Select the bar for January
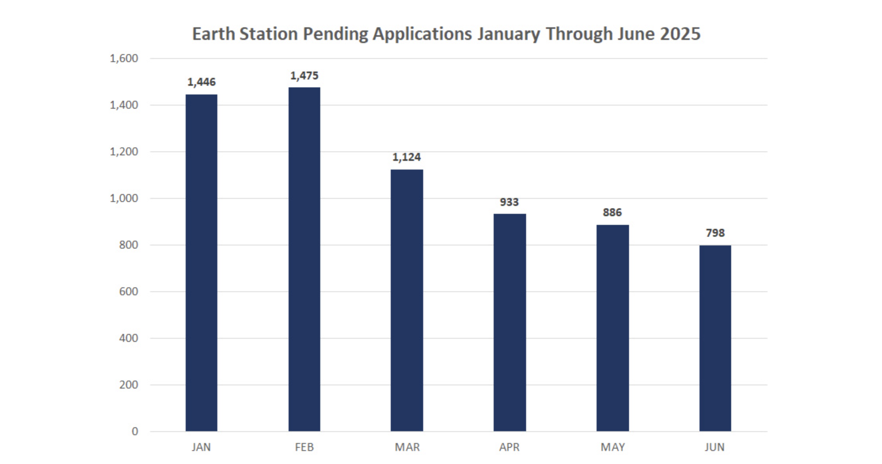[x=201, y=263]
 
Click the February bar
[x=304, y=259]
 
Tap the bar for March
[x=407, y=300]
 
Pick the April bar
[x=509, y=323]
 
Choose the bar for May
[x=612, y=328]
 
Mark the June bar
[x=715, y=338]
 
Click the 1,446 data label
[x=201, y=82]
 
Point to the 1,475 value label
[x=304, y=75]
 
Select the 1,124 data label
[x=407, y=157]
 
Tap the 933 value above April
[x=509, y=202]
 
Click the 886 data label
[x=612, y=213]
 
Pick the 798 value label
[x=715, y=233]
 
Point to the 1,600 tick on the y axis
[x=124, y=58]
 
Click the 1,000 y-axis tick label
[x=124, y=198]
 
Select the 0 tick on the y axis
[x=135, y=432]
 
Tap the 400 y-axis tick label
[x=128, y=338]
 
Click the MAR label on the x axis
[x=407, y=447]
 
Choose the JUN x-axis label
[x=715, y=447]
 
